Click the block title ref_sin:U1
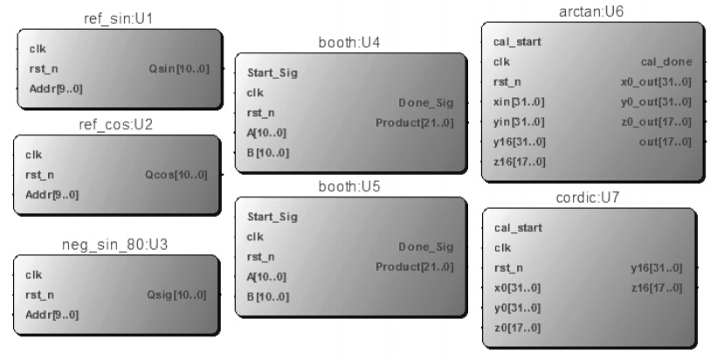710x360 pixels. pos(118,19)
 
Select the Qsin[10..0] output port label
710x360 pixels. pos(179,69)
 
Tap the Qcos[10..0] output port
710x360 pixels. pos(176,175)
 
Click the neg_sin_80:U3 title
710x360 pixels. pos(114,245)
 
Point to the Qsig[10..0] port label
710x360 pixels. pos(176,294)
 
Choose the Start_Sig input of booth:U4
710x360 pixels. pos(272,73)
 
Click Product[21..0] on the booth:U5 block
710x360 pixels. pos(414,267)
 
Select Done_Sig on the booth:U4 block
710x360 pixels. pos(425,103)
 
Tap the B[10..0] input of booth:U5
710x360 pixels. pos(268,297)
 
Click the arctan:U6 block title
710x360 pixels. pos(591,11)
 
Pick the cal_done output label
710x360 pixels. pos(666,62)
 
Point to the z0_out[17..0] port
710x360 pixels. pos(656,122)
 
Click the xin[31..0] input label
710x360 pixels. pos(519,102)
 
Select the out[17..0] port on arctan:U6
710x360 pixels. pos(665,142)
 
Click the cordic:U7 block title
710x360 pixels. pos(587,197)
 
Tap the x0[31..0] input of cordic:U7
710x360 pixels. pos(517,288)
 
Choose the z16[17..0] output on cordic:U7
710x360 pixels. pos(657,288)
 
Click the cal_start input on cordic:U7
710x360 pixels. pos(518,228)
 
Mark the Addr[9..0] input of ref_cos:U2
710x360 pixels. pos(52,195)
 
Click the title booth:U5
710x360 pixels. pos(349,187)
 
